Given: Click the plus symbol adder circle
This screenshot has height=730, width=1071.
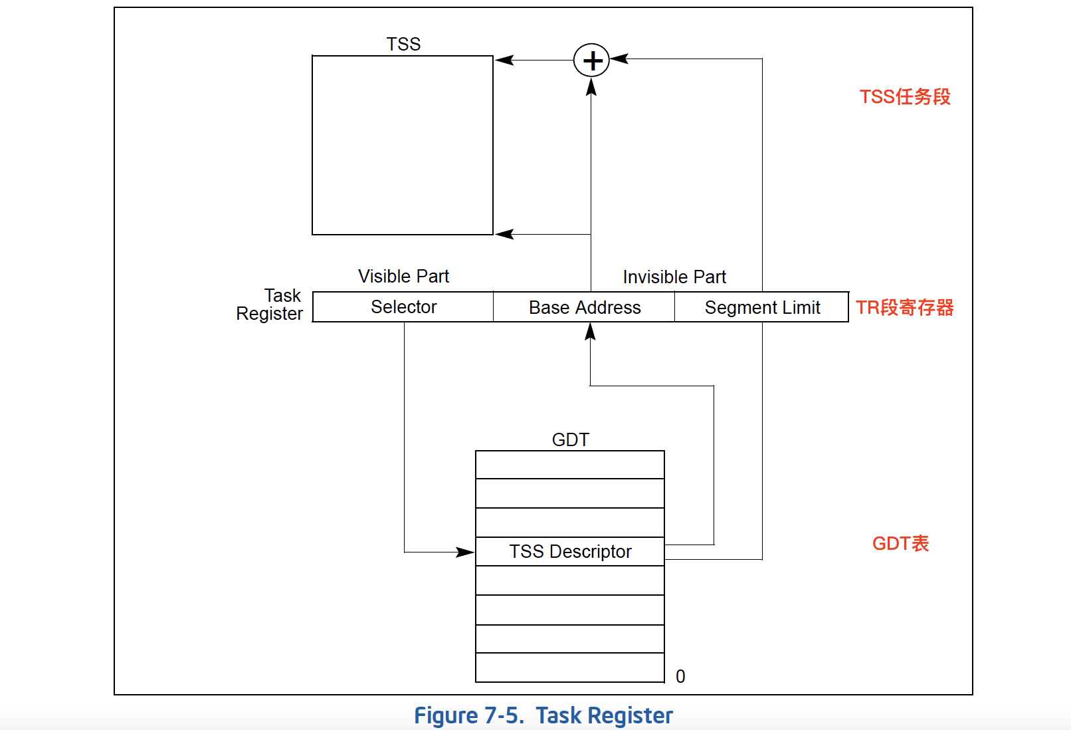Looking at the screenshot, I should (x=591, y=61).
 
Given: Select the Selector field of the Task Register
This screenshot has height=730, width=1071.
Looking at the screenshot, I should (x=403, y=307).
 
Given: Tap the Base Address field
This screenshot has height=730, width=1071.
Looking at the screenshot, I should (x=585, y=307).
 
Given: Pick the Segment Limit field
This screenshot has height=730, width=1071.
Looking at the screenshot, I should (x=762, y=307).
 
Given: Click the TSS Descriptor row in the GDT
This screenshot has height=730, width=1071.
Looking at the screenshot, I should (x=570, y=552).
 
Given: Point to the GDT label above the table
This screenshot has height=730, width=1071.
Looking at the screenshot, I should (x=570, y=439).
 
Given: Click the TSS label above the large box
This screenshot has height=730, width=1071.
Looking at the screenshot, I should (x=403, y=44).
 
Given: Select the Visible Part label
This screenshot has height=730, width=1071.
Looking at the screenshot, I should (x=403, y=276).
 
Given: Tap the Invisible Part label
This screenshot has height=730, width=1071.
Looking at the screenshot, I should (x=674, y=277).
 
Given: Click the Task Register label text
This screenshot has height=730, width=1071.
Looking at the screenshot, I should (x=270, y=304).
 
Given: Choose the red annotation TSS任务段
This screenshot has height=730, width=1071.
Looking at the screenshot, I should (x=905, y=97).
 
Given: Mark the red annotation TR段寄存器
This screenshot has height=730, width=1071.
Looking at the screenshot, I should (x=904, y=307).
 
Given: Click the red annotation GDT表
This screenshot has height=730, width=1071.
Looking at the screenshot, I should (x=900, y=543).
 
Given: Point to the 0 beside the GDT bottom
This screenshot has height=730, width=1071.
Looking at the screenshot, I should (x=680, y=676).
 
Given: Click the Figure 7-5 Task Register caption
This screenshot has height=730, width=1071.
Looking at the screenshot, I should (x=543, y=715).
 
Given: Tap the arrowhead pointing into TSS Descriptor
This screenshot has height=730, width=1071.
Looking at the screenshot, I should (x=466, y=552).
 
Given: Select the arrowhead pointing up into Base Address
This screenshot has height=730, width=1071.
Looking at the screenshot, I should (x=590, y=331).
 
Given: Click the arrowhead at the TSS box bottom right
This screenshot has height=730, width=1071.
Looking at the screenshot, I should (x=504, y=234).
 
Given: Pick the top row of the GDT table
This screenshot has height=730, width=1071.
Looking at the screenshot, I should (x=570, y=465).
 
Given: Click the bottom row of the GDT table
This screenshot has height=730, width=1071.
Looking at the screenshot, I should (x=570, y=668).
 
